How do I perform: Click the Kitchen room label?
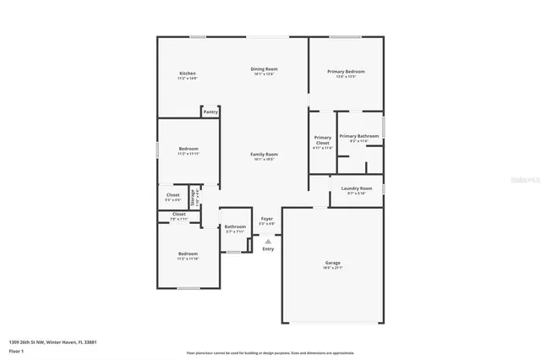point(188,74)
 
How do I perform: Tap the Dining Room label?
point(264,68)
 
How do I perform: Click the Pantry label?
point(210,112)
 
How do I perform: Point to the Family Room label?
point(264,154)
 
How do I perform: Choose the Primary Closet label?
point(322,140)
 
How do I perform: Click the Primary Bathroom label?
point(359,136)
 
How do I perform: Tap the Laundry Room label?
point(356,188)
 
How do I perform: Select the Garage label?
point(333,263)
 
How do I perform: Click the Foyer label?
point(266,219)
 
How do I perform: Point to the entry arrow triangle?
point(268,241)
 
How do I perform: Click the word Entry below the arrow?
point(268,248)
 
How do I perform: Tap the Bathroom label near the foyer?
point(235,226)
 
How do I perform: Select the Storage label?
point(193,198)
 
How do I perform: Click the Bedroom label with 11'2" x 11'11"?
point(188,149)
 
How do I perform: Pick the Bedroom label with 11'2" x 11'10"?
point(188,254)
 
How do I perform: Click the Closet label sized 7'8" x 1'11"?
point(179,215)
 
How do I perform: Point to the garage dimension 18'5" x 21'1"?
point(333,268)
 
